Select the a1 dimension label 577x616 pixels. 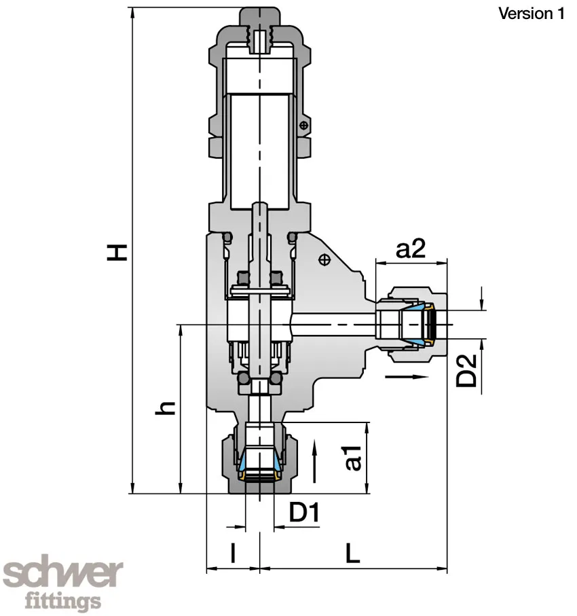[352, 458]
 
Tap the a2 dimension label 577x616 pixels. [410, 249]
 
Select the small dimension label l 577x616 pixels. [233, 554]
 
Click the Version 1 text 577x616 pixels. [531, 14]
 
